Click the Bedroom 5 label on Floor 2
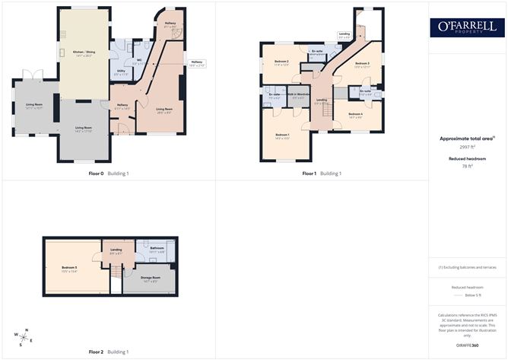[x=70, y=267]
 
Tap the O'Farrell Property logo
[x=467, y=27]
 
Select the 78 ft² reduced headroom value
[x=467, y=166]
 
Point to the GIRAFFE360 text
[x=467, y=345]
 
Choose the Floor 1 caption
[x=309, y=174]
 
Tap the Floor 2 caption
[x=96, y=352]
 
